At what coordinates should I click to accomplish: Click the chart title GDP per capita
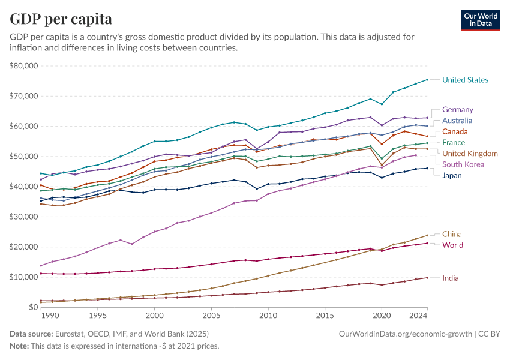[x=61, y=19]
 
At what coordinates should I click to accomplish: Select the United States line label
[x=465, y=80]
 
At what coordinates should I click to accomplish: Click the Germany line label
[x=457, y=110]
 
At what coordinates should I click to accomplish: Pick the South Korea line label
[x=462, y=164]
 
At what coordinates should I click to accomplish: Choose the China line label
[x=452, y=234]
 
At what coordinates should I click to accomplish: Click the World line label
[x=452, y=245]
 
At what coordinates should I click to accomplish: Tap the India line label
[x=451, y=278]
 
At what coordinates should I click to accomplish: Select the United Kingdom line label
[x=469, y=154]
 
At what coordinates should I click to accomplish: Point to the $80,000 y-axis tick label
[x=24, y=66]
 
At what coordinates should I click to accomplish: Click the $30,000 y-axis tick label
[x=24, y=217]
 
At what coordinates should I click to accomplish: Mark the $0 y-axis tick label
[x=33, y=307]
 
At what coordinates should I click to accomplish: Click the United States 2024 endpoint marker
[x=427, y=79]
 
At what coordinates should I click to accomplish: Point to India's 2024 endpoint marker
[x=427, y=278]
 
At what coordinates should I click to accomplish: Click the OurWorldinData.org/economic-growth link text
[x=406, y=334]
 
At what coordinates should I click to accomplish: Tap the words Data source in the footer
[x=30, y=334]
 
